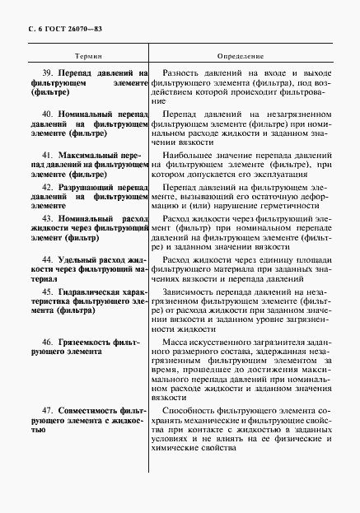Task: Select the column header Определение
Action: click(x=241, y=56)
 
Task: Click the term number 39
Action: click(x=49, y=73)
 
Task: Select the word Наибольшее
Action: click(x=189, y=154)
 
